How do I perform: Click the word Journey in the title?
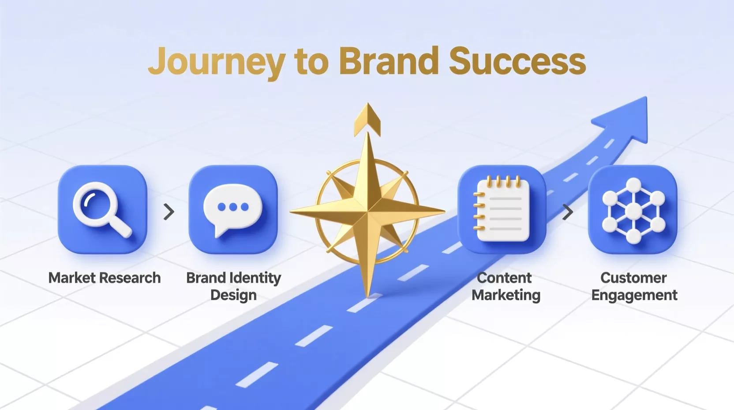217,63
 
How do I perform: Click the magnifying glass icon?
102,209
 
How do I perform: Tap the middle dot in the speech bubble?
233,207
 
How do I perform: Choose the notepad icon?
502,209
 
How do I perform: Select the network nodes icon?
633,211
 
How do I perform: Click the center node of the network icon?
633,211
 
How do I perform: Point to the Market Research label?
105,278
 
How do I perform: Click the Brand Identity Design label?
234,286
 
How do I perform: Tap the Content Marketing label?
506,286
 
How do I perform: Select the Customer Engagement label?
634,287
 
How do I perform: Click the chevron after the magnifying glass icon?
169,212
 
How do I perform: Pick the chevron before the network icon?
568,212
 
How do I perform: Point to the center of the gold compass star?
367,212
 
